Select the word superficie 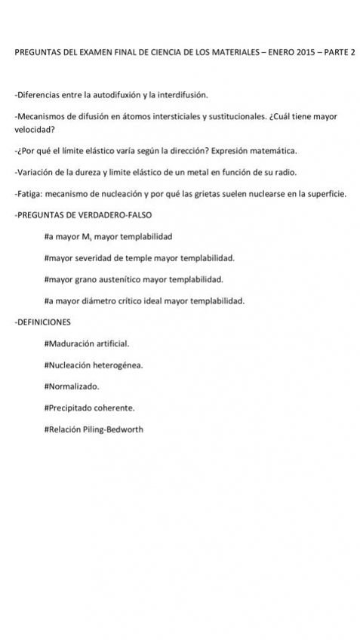(x=324, y=194)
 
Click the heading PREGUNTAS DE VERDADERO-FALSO (x=83, y=215)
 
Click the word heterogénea (x=117, y=365)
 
